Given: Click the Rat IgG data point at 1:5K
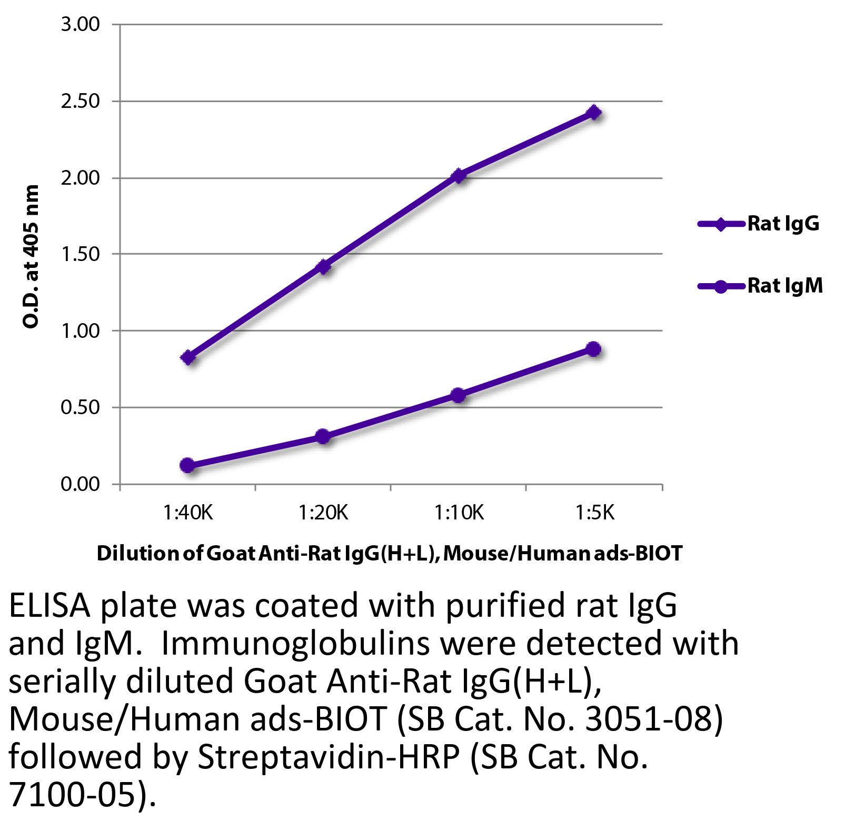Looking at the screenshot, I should [x=594, y=112].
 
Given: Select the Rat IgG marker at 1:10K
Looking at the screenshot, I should [x=459, y=176].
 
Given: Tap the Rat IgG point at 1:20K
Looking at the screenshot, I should [x=323, y=267].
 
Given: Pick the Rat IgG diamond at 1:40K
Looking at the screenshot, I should [x=188, y=358].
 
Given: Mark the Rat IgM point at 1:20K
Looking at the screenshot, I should [x=323, y=436].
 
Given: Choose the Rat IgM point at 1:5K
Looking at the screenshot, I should [x=594, y=349].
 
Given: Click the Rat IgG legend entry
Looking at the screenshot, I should [x=783, y=224].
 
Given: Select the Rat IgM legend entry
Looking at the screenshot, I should [x=784, y=286].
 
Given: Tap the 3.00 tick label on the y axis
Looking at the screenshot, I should [x=80, y=25].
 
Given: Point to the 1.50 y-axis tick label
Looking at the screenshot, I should [x=80, y=254].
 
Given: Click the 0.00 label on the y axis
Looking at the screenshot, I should [x=80, y=484].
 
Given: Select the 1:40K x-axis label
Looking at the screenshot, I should [x=188, y=512].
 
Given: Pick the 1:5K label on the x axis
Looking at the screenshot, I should [x=594, y=512].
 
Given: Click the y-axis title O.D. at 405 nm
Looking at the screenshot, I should [x=32, y=256].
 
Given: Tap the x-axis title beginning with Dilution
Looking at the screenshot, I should [x=390, y=553].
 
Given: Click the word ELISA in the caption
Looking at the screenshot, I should [x=48, y=607].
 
